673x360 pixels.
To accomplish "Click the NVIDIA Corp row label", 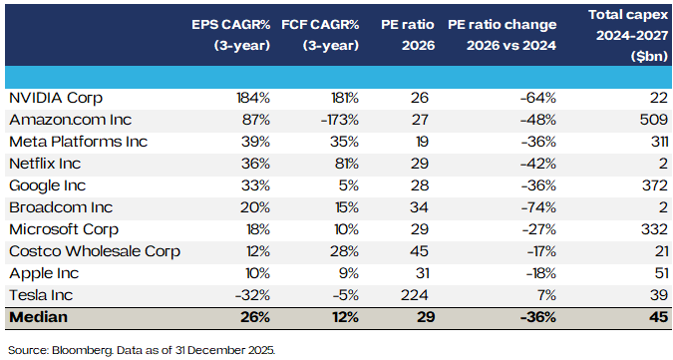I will (x=56, y=98).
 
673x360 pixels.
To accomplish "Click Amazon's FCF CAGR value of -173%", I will (x=337, y=120).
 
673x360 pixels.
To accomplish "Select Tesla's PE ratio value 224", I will (x=416, y=295).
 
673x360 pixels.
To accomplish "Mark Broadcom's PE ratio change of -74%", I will (x=537, y=207).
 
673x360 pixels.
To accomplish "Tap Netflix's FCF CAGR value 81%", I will (x=344, y=164).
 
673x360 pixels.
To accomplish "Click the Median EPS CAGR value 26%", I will (x=255, y=318).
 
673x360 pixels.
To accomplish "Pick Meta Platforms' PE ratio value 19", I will (x=421, y=142).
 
